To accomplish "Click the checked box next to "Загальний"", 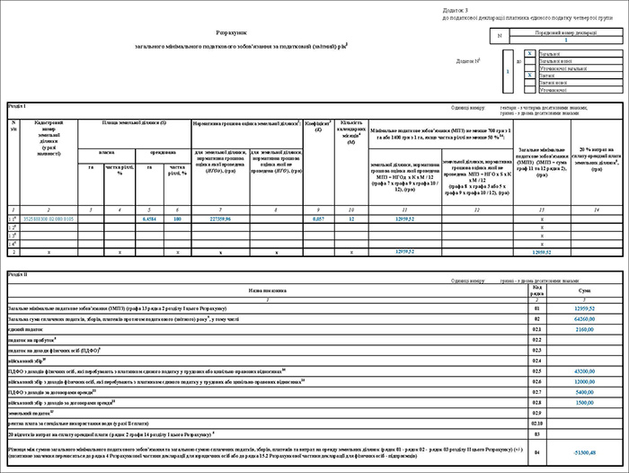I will (x=529, y=54).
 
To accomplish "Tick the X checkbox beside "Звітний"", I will (x=529, y=76).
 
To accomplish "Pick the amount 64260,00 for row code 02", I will (x=584, y=318).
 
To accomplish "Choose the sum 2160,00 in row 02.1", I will (x=584, y=329).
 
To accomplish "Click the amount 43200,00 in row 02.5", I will (x=584, y=370).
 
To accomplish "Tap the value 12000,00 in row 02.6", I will (x=584, y=381).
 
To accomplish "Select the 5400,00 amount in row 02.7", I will (x=584, y=392).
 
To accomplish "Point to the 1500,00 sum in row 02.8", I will (x=584, y=402).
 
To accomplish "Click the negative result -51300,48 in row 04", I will (x=584, y=451).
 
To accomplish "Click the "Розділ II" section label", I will (x=17, y=272).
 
